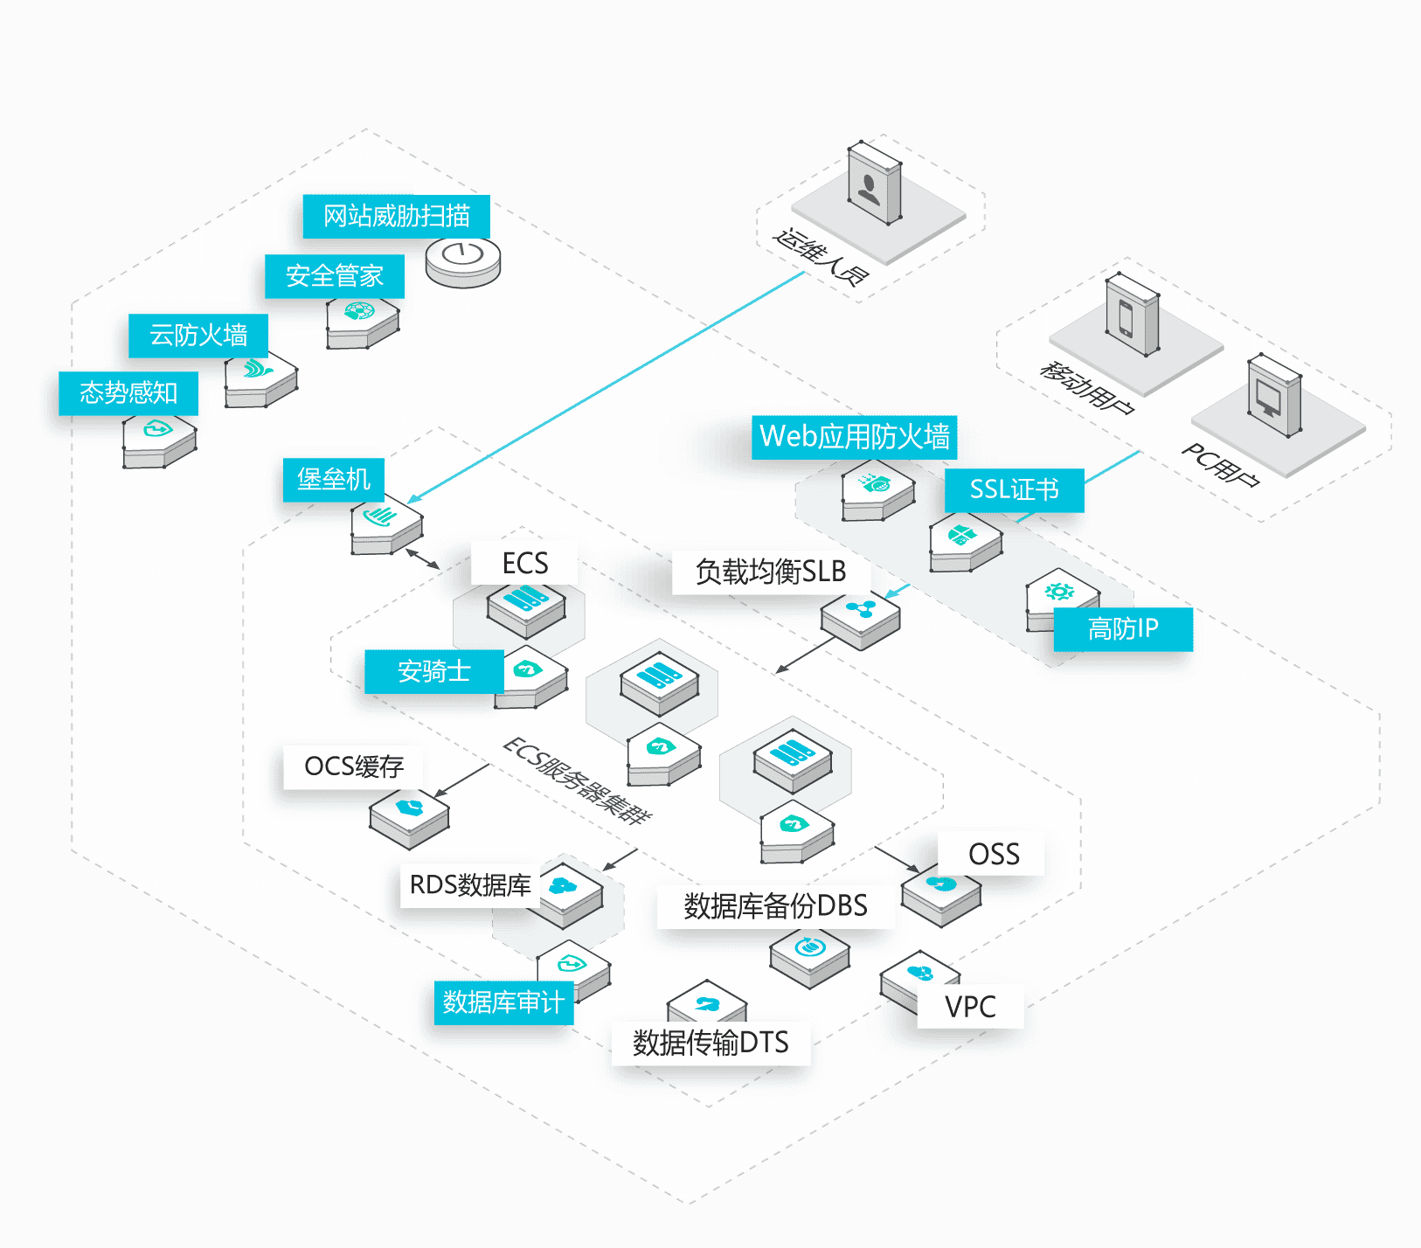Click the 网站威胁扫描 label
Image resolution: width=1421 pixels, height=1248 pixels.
[x=396, y=216]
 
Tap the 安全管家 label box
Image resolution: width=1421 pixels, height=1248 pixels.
[x=335, y=276]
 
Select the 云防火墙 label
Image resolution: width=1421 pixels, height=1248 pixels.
[x=198, y=335]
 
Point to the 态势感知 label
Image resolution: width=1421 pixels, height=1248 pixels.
[x=128, y=393]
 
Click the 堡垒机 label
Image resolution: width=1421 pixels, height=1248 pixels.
[x=334, y=480]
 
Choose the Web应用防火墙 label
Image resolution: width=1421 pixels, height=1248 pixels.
[x=854, y=437]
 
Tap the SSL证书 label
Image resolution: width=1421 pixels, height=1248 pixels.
[x=1014, y=489]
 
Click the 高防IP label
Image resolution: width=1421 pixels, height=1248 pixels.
[x=1123, y=628]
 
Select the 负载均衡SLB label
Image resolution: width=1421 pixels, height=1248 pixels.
[x=771, y=572]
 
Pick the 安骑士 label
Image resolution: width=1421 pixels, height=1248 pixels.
[x=434, y=671]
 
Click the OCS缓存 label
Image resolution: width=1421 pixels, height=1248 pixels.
[x=354, y=766]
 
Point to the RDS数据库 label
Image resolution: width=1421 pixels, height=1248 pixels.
[x=470, y=885]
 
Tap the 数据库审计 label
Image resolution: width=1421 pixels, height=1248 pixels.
[x=503, y=1002]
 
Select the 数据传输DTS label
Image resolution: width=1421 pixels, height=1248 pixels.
[x=710, y=1043]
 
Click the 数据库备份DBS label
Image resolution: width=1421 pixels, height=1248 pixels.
[x=776, y=905]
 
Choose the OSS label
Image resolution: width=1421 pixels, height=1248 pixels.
[x=994, y=854]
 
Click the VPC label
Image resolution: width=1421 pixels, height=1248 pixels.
[x=970, y=1006]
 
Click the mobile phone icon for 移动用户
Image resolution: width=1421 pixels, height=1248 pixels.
[x=1133, y=315]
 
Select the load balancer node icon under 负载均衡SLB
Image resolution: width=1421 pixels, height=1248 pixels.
[x=861, y=620]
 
